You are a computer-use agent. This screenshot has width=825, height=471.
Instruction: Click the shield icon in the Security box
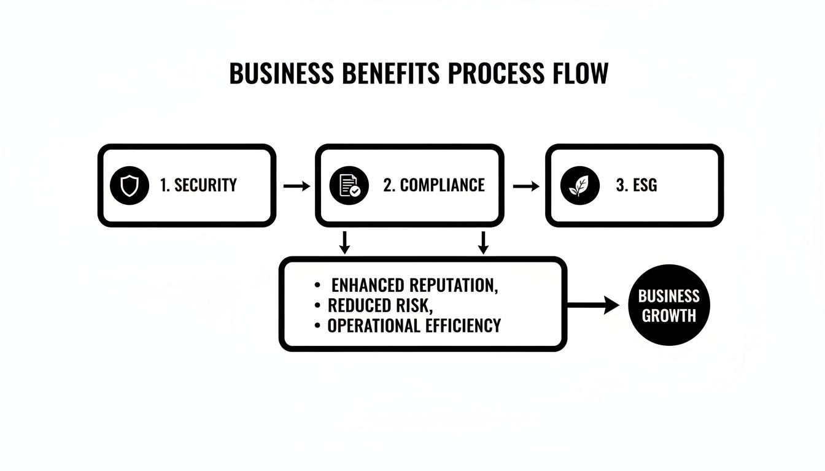tap(130, 185)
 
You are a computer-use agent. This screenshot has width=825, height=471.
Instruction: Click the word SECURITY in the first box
tap(206, 185)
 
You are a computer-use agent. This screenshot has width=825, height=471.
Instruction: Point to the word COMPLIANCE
tap(442, 185)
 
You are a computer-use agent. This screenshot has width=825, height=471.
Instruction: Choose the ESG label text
tap(645, 185)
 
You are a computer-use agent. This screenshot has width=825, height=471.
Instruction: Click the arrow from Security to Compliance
tap(297, 186)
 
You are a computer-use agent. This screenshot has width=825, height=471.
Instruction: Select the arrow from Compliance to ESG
tap(525, 186)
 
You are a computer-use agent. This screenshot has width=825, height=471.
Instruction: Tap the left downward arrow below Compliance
tap(345, 242)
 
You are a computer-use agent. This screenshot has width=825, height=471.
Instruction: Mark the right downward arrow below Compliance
tap(483, 242)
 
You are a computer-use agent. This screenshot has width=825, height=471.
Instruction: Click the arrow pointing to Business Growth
tap(594, 304)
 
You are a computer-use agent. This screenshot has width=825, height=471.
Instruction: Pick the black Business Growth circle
tap(669, 305)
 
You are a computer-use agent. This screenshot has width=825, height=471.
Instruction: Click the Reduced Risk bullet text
tap(381, 305)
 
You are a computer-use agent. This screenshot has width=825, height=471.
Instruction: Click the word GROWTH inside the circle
tap(669, 316)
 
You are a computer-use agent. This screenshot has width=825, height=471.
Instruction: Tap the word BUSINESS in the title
tap(282, 74)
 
